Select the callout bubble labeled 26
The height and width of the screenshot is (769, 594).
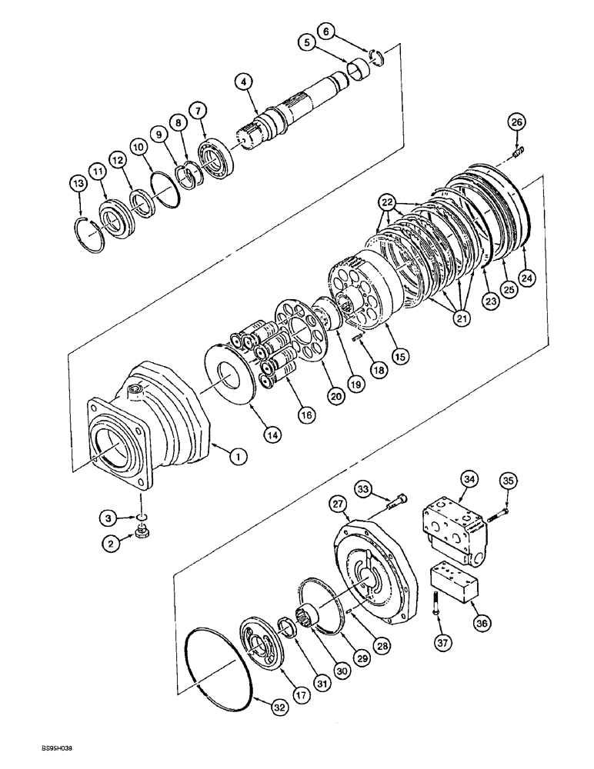click(x=516, y=121)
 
